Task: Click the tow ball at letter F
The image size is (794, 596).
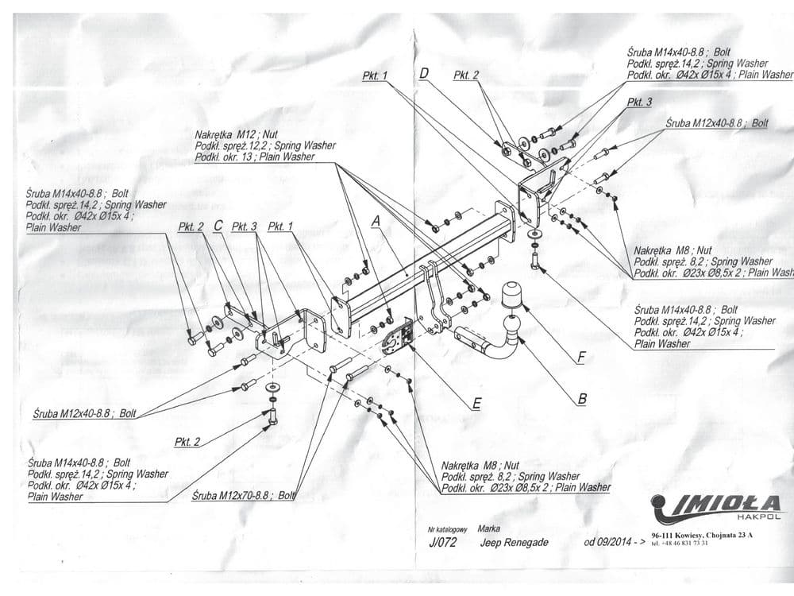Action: [514, 296]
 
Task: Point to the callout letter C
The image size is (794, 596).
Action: [218, 226]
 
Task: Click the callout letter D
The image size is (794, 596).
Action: [424, 74]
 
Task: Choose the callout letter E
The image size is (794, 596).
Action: [476, 404]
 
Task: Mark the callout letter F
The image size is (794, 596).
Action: [581, 358]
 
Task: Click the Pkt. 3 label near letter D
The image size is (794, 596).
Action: [639, 103]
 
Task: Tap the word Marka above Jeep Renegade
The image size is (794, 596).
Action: [489, 528]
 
